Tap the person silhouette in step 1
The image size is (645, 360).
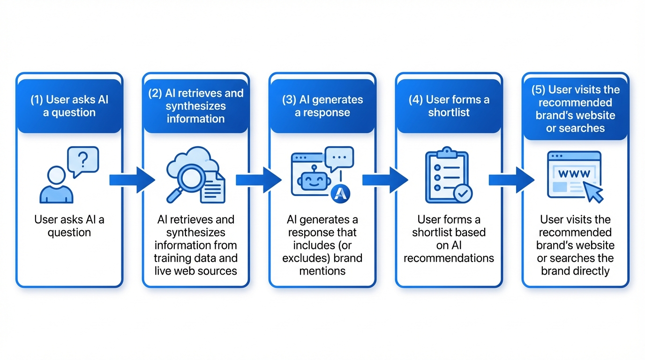point(57,186)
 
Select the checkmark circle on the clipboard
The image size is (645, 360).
point(463,193)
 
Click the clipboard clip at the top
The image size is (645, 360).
point(446,152)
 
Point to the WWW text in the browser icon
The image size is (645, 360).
point(574,173)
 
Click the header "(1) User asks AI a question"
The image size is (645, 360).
point(69,106)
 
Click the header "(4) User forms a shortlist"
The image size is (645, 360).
point(449,106)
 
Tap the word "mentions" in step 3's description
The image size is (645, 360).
point(322,271)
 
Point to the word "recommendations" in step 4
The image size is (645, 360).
point(449,258)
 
